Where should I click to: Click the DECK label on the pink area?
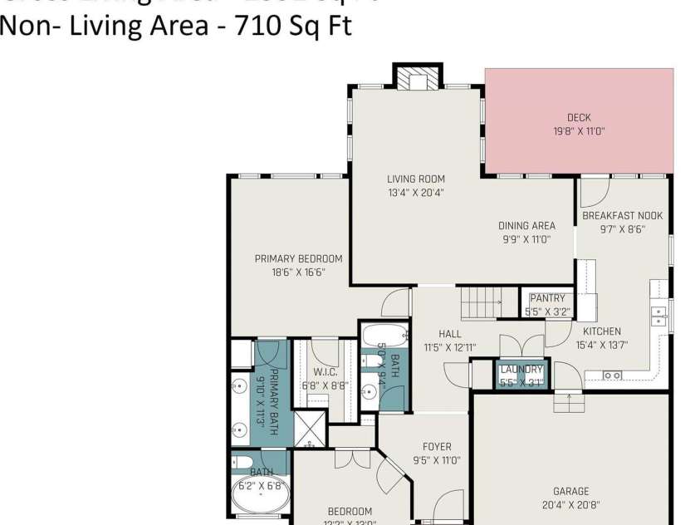[579, 118]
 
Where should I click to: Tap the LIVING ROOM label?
[416, 179]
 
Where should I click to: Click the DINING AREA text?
[526, 226]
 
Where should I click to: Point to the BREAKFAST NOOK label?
[622, 216]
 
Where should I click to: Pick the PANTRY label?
[547, 298]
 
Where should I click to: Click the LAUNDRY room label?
[521, 370]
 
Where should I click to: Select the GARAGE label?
[570, 491]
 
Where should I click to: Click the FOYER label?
[436, 446]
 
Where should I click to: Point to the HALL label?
[450, 334]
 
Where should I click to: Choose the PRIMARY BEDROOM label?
[298, 258]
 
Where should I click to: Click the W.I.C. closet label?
[325, 372]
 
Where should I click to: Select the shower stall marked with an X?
[308, 430]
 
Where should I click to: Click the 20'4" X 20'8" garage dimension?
[570, 504]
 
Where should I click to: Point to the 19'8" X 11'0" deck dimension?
[579, 131]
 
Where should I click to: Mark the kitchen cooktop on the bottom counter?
[612, 375]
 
